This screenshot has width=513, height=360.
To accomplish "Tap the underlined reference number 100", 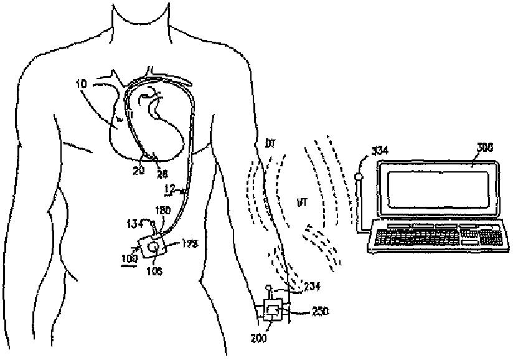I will pos(130,256).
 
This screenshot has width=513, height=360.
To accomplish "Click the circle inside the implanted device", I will pos(153,248).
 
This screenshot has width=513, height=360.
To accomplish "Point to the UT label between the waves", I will pos(303,203).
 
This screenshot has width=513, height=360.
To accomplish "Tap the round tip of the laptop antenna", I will pos(359,177).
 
